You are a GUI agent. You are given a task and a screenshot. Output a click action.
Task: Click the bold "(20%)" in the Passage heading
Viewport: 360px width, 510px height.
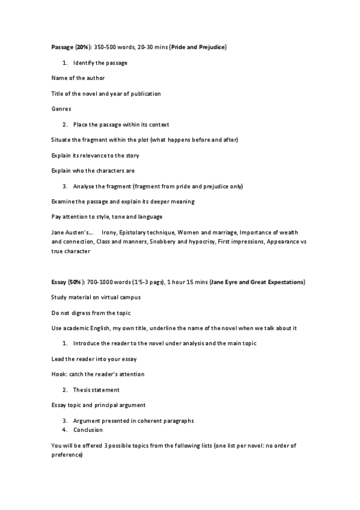[x=84, y=47]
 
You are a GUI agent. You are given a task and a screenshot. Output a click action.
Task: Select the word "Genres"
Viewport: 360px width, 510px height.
[x=61, y=109]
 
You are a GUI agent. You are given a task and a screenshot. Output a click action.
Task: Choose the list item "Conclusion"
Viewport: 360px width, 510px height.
[x=88, y=430]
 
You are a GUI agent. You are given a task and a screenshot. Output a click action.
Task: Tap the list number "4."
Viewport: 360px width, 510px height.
[x=64, y=430]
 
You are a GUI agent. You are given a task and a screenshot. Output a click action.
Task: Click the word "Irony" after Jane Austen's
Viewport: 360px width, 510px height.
[x=109, y=232]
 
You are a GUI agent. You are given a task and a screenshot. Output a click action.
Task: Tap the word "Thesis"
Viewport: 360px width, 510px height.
[x=82, y=390]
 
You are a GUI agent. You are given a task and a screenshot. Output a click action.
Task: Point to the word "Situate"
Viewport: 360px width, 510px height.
[x=61, y=140]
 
